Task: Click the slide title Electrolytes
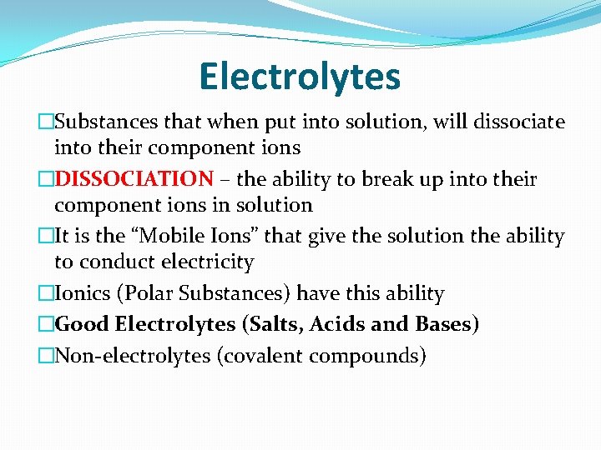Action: click(300, 77)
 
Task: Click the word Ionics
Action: click(83, 293)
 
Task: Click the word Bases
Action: click(446, 324)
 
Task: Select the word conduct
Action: click(113, 262)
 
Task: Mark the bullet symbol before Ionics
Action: click(47, 293)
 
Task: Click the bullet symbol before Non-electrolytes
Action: click(47, 356)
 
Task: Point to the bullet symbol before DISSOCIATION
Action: click(47, 179)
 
